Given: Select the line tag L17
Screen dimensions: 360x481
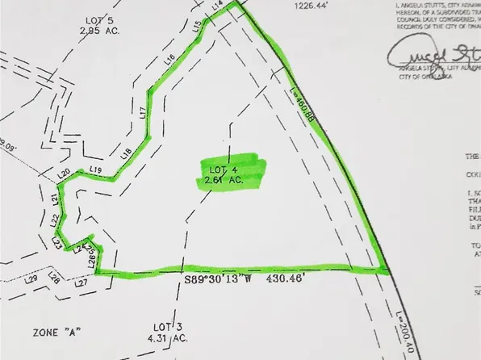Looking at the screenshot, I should [x=143, y=111].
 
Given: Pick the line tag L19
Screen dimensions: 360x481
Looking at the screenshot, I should [x=96, y=170].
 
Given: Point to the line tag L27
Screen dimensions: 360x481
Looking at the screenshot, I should [x=81, y=284].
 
